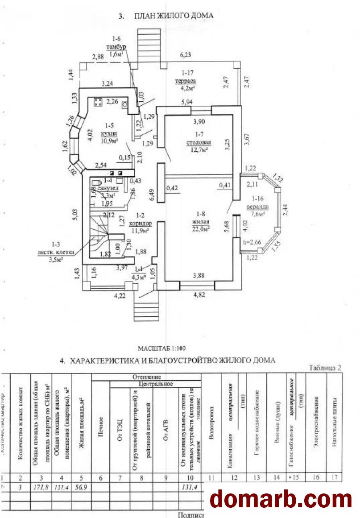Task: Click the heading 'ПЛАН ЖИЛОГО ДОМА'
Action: [174, 16]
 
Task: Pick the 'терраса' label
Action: [186, 81]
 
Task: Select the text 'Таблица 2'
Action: [325, 368]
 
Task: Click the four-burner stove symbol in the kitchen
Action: [98, 102]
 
